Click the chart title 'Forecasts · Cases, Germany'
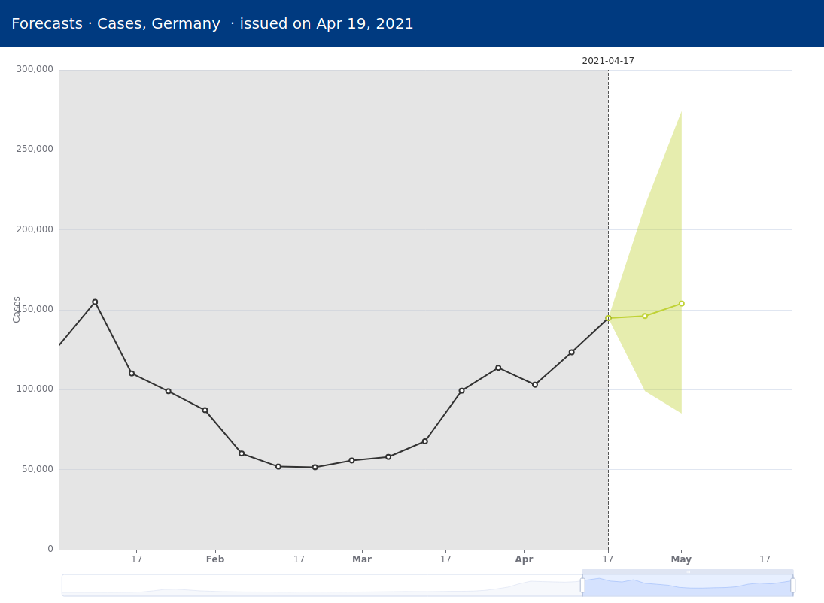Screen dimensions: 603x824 (116, 24)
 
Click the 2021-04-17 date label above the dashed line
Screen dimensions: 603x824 (608, 61)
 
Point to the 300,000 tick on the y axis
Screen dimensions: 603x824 (35, 69)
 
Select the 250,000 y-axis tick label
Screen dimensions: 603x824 (35, 149)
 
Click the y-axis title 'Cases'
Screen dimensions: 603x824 (17, 309)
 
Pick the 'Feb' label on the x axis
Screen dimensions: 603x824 (215, 559)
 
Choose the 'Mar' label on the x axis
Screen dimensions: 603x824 (362, 559)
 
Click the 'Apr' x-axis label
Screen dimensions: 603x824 (524, 559)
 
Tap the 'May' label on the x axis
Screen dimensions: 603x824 (681, 559)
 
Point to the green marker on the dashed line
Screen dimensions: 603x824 (608, 318)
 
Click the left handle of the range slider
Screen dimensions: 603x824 (582, 585)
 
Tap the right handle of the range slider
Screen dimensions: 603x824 (792, 585)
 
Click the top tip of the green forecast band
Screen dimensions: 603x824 (681, 112)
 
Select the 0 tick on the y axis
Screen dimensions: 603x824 (50, 549)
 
